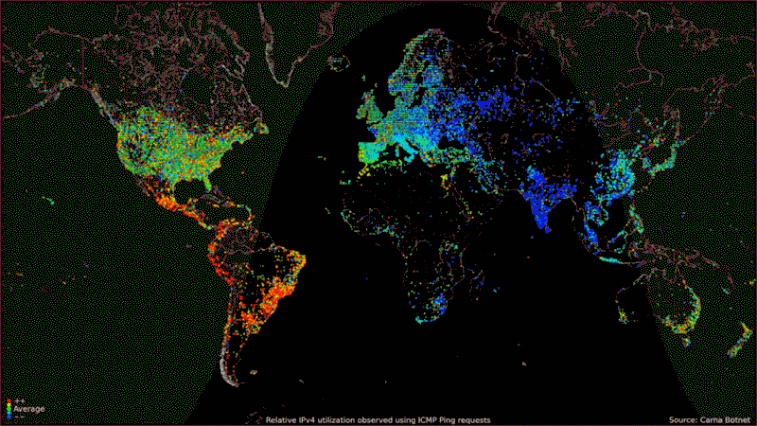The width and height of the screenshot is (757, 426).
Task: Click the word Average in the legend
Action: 29,409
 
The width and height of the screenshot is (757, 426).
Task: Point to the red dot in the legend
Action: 9,402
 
